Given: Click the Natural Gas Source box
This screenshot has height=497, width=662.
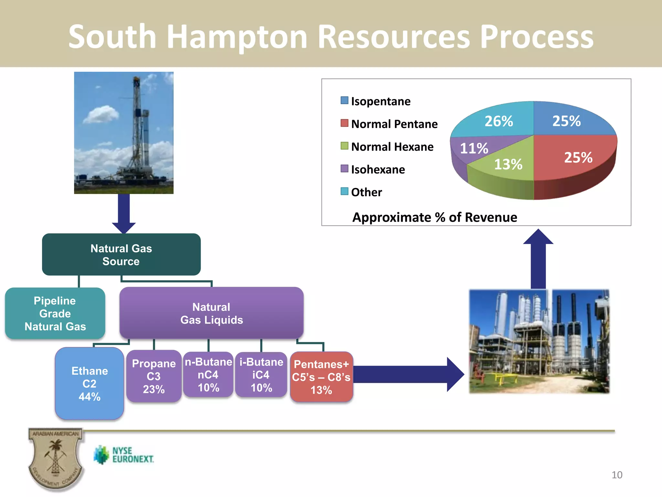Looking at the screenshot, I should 121,255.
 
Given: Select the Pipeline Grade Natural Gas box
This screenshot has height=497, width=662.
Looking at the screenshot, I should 55,313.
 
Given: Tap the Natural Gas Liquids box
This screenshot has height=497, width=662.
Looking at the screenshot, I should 211,313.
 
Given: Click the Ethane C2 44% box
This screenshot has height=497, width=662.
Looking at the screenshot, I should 90,383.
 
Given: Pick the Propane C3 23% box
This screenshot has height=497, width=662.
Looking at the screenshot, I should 154,376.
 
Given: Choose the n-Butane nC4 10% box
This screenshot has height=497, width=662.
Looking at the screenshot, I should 208,374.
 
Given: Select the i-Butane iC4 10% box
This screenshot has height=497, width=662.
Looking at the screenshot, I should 261,374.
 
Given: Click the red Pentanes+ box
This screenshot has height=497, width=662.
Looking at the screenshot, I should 321,377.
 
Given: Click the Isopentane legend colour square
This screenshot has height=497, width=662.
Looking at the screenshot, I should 345,100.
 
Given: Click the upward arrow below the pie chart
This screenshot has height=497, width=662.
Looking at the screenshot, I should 538,259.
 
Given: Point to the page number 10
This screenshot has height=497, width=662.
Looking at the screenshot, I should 617,475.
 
